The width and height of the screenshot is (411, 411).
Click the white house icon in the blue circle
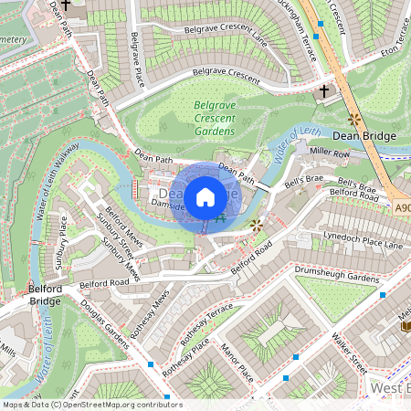coord(205,197)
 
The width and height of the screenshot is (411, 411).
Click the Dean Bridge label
coord(364,136)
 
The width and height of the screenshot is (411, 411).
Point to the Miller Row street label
coord(330,152)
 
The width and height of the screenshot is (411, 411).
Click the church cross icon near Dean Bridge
coord(324,91)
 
